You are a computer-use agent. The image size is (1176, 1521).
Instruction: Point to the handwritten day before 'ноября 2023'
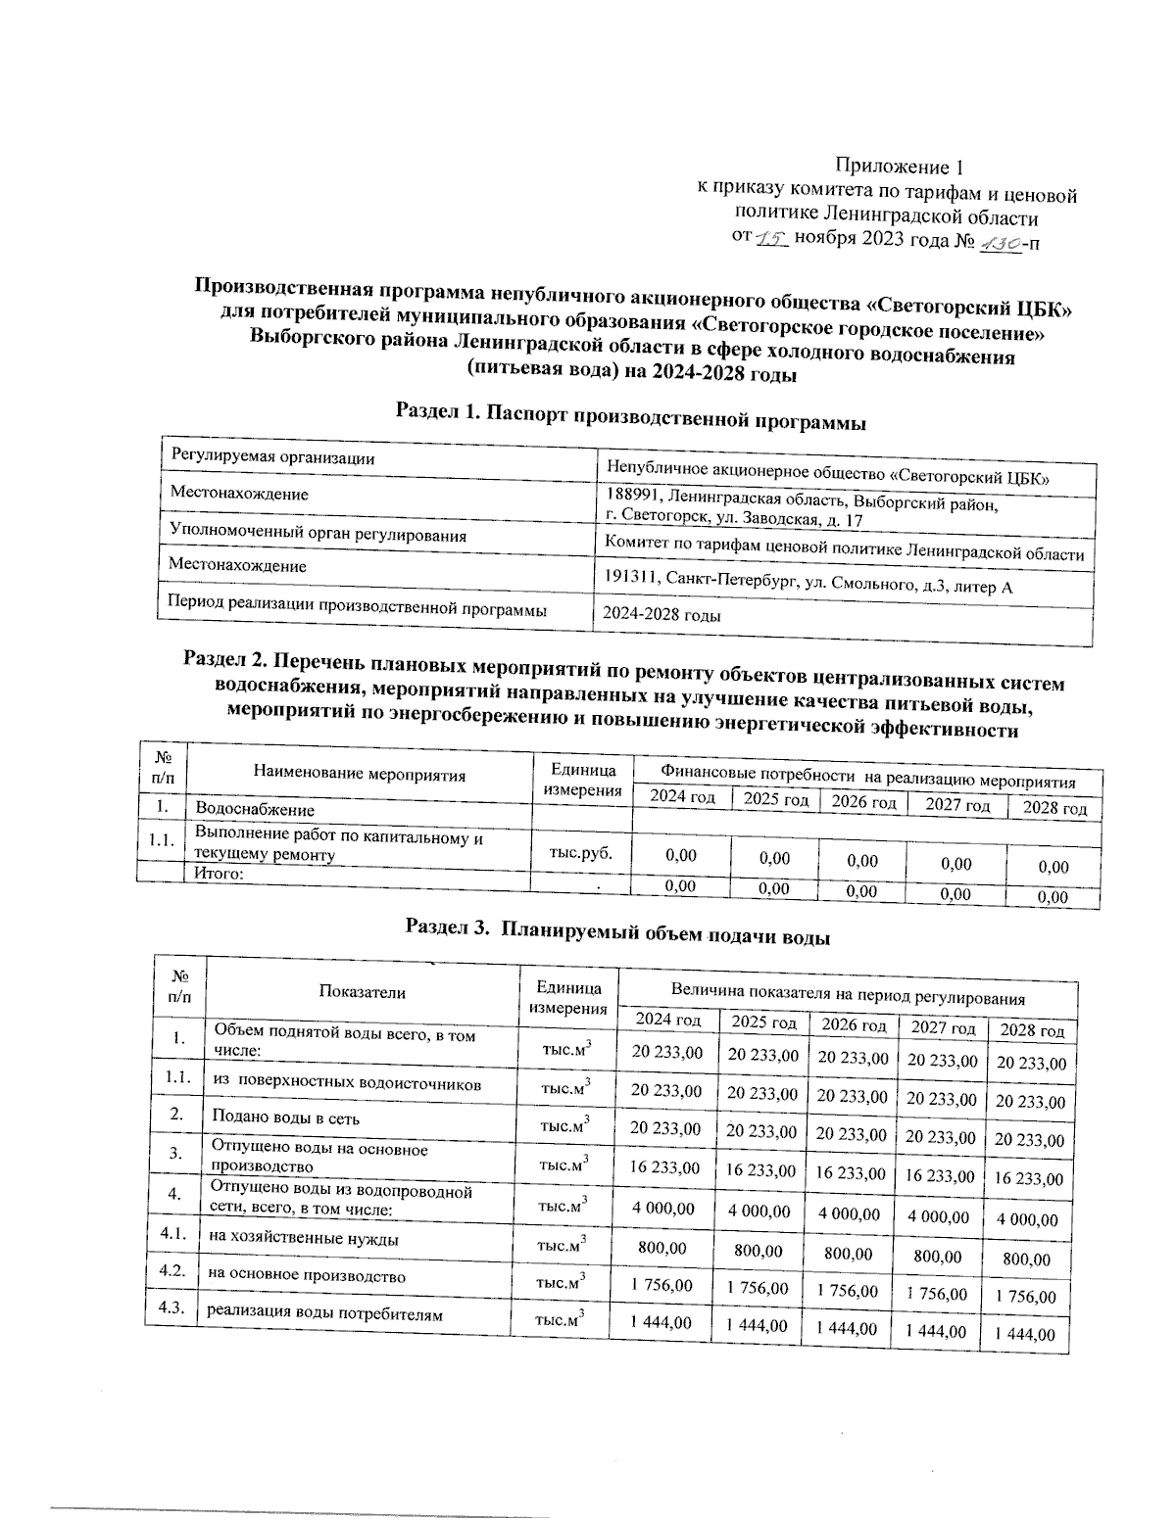click(x=773, y=238)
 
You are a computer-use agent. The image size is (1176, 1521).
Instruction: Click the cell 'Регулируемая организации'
click(x=272, y=457)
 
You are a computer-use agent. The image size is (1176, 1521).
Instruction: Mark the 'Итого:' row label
click(x=220, y=874)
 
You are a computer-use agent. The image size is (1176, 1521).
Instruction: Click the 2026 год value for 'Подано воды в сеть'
click(x=852, y=1133)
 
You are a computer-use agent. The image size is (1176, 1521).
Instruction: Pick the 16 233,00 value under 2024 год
click(x=665, y=1167)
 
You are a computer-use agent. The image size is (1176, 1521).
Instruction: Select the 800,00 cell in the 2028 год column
click(x=1026, y=1260)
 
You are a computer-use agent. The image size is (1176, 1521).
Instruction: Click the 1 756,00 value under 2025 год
click(x=757, y=1288)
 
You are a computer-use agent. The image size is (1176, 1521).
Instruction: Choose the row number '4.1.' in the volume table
click(x=174, y=1235)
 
